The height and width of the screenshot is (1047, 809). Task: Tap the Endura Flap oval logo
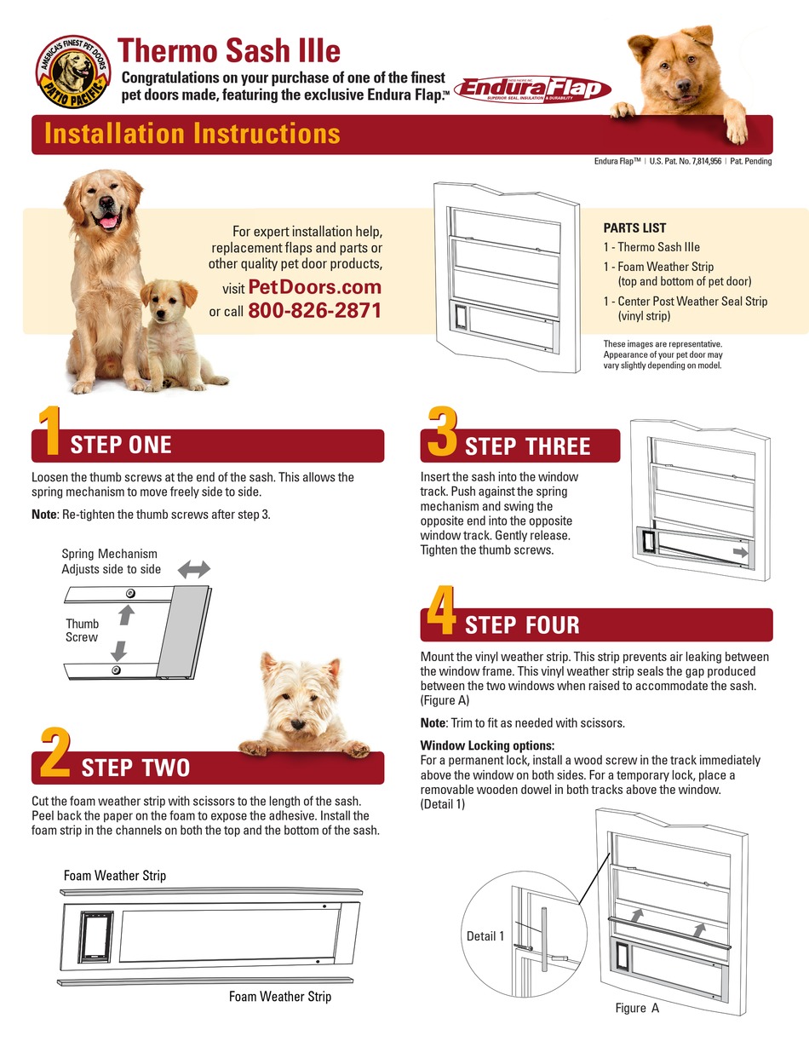click(x=532, y=89)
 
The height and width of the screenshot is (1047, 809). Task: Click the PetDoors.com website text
click(x=314, y=287)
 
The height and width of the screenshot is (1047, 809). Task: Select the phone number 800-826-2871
click(x=314, y=311)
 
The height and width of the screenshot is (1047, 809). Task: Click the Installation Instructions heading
click(x=192, y=134)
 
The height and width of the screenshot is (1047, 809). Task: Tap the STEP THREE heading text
click(x=527, y=446)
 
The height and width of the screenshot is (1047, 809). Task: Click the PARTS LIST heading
click(x=634, y=227)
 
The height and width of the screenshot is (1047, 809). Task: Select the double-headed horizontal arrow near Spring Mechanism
click(x=193, y=568)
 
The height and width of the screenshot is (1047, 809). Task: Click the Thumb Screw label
click(x=82, y=630)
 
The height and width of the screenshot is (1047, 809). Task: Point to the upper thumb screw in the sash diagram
click(x=129, y=592)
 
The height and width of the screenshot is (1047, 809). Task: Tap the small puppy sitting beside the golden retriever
click(x=175, y=332)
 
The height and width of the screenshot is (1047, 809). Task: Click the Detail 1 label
click(x=485, y=935)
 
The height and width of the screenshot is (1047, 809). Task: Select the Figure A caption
click(x=637, y=1008)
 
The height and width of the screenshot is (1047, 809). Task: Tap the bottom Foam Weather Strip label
click(x=279, y=996)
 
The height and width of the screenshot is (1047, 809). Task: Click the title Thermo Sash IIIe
click(x=228, y=50)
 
